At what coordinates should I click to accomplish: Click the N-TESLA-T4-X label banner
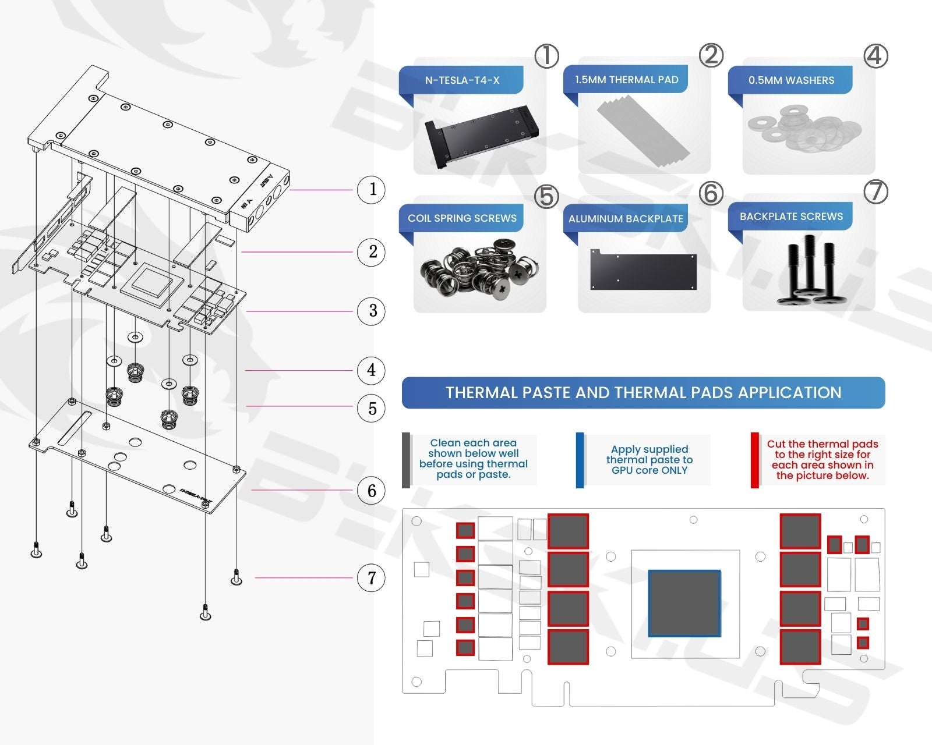[x=462, y=80]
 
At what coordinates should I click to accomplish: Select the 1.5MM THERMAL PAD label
[x=626, y=80]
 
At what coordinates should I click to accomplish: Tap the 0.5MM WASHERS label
[x=791, y=80]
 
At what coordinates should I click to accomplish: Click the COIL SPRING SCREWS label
[x=462, y=218]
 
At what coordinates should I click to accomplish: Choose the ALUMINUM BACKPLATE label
[x=626, y=219]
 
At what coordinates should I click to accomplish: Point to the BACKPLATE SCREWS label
[x=791, y=217]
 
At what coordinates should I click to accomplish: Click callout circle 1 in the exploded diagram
[x=372, y=190]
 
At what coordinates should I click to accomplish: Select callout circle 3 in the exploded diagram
[x=372, y=311]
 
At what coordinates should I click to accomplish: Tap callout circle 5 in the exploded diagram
[x=372, y=409]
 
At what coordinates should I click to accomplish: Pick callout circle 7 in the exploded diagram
[x=372, y=578]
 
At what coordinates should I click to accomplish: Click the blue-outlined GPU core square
[x=684, y=603]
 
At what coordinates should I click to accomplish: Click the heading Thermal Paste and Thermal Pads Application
[x=643, y=393]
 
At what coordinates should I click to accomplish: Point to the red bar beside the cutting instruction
[x=755, y=460]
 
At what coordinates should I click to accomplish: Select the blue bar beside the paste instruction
[x=580, y=460]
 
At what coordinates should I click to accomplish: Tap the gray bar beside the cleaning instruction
[x=406, y=460]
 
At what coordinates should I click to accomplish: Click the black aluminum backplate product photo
[x=643, y=271]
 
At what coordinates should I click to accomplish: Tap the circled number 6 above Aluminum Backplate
[x=711, y=193]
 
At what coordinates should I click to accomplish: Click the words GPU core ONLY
[x=649, y=470]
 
